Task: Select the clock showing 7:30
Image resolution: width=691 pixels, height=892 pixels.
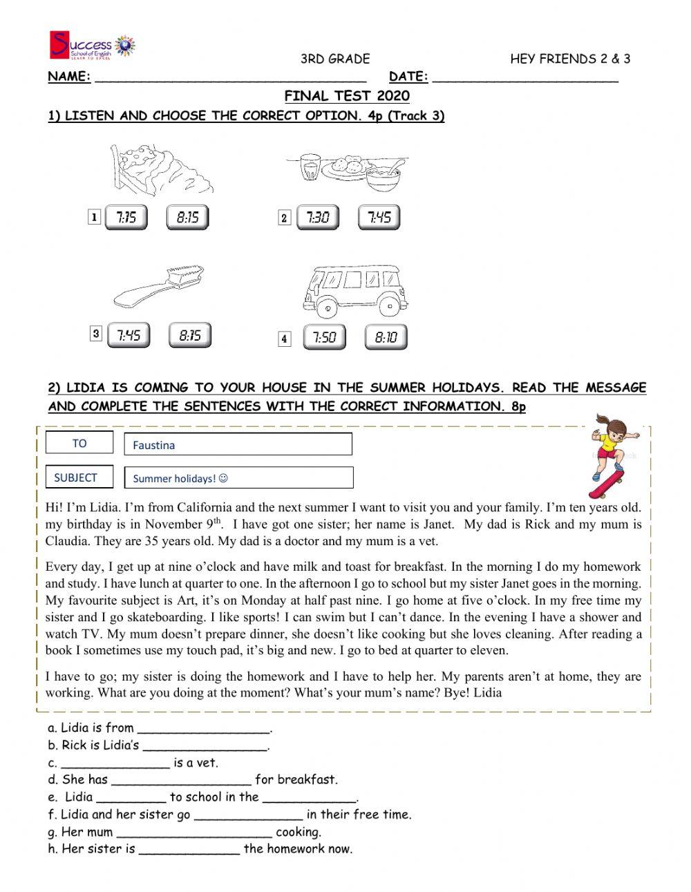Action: coord(318,218)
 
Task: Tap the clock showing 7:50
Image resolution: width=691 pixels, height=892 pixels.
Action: coord(324,337)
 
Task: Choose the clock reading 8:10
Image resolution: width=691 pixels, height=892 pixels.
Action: coord(386,337)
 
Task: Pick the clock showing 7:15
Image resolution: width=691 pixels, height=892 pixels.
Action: coord(126,218)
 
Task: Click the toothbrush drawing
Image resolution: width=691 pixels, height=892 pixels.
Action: coord(159,286)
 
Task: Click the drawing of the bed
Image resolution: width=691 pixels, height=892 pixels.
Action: coord(160,169)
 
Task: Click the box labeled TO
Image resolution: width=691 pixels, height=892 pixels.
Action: coord(79,444)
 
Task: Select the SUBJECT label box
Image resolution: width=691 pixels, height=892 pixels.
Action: coord(76,477)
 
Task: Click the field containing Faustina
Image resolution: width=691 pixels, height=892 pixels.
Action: coord(238,444)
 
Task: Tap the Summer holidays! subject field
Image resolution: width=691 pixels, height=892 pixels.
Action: coord(238,478)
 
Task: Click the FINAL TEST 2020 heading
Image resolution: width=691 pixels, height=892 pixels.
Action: coord(347,96)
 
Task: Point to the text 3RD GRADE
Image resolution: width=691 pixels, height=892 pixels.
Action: coord(335,59)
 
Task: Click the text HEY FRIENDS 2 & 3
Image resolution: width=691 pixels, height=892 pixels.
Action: coord(570,59)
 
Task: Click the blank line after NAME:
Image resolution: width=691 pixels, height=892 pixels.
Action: coord(230,79)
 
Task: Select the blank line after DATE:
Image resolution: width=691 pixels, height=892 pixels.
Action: coord(524,79)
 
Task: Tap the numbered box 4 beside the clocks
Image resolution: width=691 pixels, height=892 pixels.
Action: coord(284,339)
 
